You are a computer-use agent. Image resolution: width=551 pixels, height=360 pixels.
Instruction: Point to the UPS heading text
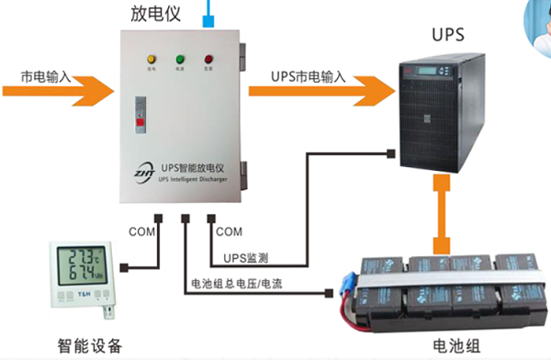pos(449,36)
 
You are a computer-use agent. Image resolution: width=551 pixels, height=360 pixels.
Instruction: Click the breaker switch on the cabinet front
pos(141,119)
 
